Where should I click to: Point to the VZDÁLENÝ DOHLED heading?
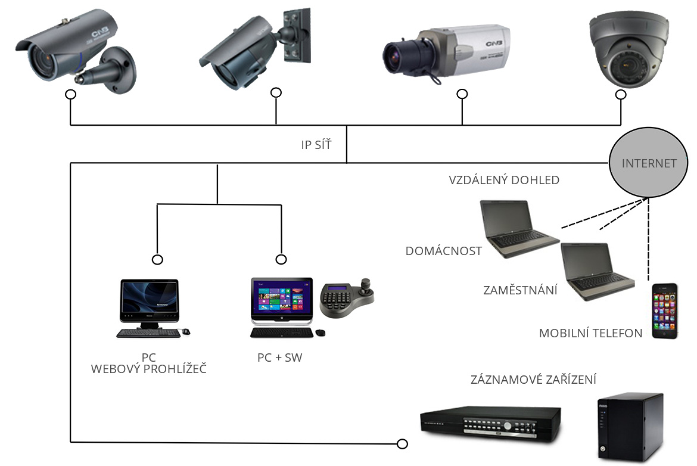coord(504,180)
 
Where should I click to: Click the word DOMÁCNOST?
coord(444,251)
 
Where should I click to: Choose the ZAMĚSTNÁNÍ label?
coord(520,291)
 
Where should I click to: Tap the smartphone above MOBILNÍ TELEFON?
coord(665,311)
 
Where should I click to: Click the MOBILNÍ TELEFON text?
coord(591,333)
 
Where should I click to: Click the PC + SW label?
coord(280,358)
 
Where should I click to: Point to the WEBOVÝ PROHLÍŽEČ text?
coord(149,369)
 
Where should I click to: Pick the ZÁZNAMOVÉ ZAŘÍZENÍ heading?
coord(534,380)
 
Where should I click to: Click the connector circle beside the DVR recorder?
coord(403,444)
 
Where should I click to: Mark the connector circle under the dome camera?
coord(621,95)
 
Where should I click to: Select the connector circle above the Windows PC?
coord(281,259)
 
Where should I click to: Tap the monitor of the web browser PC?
coord(149,298)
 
